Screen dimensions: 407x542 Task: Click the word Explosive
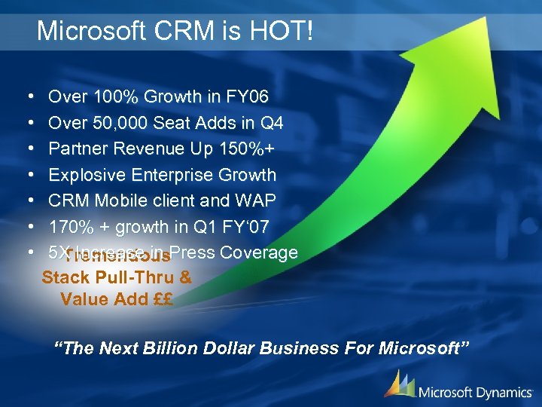(87, 175)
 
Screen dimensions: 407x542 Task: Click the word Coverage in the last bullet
(259, 252)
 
